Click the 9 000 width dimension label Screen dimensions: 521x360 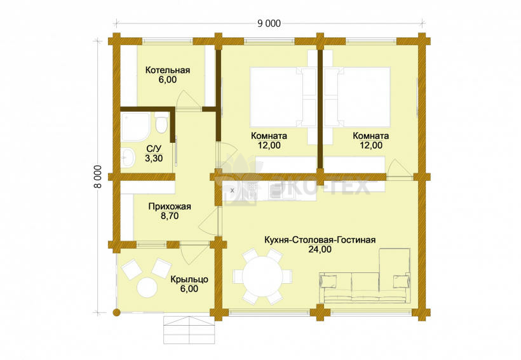click(269, 23)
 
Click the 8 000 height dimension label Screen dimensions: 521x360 click(98, 177)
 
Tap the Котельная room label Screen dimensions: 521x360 click(168, 70)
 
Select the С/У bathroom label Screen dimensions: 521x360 click(153, 149)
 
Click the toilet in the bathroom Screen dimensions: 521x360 click(161, 123)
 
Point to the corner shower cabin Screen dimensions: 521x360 click(135, 126)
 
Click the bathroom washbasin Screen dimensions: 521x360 click(128, 157)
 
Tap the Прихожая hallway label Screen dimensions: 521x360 click(170, 206)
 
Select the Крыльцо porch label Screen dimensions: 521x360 click(189, 279)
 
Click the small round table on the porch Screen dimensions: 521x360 click(147, 288)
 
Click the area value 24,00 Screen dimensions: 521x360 click(320, 250)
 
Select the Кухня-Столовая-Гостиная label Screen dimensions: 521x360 click(320, 240)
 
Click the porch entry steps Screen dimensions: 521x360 click(189, 330)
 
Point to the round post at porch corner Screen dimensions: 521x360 click(116, 312)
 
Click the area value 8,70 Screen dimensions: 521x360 click(170, 216)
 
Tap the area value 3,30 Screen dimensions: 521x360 click(154, 159)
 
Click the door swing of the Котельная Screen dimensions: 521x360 click(188, 100)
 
